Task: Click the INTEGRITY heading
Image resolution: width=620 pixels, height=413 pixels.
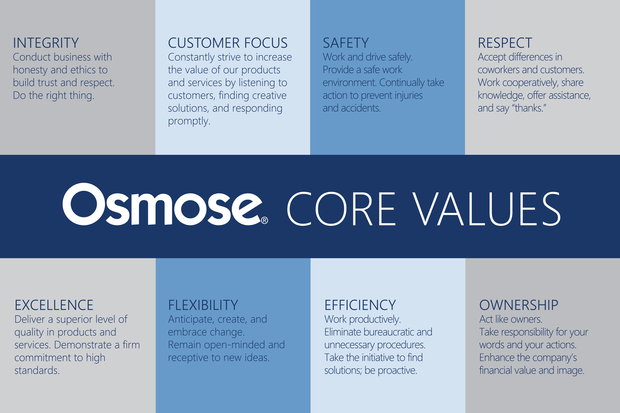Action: (x=46, y=43)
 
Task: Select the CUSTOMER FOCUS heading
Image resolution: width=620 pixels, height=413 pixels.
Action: (x=228, y=43)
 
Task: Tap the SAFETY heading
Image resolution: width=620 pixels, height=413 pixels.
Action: (x=346, y=43)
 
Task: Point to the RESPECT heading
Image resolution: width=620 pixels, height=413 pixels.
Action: (x=505, y=43)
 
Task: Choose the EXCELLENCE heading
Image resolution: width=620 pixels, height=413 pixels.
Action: (x=54, y=305)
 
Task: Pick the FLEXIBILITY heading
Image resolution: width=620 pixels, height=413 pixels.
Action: (x=203, y=305)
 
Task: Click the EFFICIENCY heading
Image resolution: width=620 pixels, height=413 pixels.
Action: (x=360, y=305)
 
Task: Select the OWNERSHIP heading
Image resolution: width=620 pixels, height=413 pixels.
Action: (x=519, y=305)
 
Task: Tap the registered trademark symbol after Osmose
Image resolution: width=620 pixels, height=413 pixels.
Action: (x=264, y=221)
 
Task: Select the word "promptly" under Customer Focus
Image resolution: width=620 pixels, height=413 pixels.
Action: (x=188, y=121)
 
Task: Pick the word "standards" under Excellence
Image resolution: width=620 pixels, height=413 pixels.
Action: (x=37, y=370)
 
